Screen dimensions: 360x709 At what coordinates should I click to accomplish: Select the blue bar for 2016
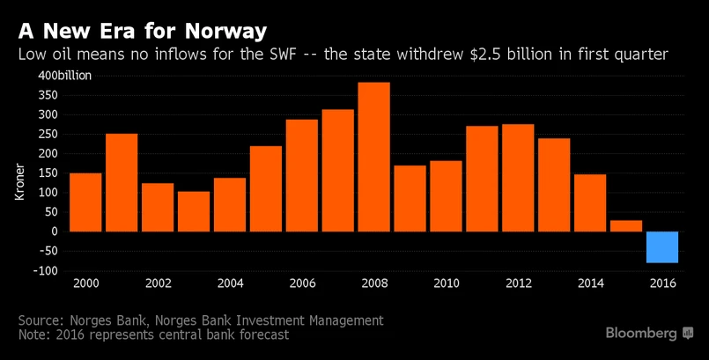662,246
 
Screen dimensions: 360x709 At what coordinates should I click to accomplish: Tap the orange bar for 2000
85,202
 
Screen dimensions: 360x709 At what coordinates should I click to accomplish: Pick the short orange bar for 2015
626,225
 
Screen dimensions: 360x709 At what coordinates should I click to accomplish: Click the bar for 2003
194,211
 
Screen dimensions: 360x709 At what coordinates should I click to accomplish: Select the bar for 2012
518,177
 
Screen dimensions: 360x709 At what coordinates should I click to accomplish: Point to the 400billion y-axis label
63,76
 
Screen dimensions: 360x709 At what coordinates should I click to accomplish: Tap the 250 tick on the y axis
48,134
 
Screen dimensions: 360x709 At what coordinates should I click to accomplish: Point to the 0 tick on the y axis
55,231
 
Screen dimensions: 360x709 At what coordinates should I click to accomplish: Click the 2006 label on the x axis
302,283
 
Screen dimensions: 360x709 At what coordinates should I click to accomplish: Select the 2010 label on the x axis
446,283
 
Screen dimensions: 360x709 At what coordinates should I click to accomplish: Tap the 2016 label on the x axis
662,283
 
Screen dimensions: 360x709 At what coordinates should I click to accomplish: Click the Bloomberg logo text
640,334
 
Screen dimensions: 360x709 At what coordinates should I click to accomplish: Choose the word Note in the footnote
35,335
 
